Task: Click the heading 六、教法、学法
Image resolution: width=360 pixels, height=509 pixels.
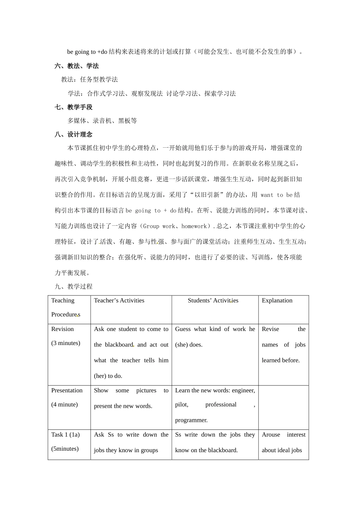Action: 77,66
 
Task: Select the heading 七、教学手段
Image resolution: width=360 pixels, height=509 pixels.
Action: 74,107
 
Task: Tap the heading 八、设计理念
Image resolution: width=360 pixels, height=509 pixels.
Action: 74,134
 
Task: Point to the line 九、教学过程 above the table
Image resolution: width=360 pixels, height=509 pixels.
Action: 74,286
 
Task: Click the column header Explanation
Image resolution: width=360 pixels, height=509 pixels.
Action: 277,300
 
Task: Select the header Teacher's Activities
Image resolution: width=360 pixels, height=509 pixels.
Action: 119,300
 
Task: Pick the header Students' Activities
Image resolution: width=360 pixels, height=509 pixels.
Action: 213,300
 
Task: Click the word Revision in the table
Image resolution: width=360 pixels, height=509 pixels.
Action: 63,329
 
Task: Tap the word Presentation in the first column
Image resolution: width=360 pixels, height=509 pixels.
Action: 67,390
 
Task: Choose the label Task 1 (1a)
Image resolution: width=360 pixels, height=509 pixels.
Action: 66,434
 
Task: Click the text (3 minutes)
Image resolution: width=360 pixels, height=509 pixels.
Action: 66,343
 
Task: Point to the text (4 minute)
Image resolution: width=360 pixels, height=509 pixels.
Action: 64,404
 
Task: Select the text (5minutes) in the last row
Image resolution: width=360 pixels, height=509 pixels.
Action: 65,449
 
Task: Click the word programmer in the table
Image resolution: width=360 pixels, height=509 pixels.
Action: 191,420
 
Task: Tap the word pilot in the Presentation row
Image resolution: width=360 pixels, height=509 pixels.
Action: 182,404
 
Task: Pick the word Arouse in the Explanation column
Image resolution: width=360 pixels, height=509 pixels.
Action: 271,434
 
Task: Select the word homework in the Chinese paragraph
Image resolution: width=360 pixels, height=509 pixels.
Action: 194,226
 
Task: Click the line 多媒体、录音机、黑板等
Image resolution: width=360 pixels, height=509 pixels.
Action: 102,121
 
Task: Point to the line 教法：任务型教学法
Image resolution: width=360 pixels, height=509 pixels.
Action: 89,80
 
